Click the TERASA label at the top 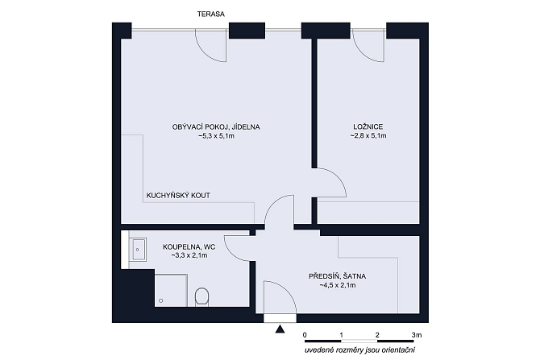(211, 14)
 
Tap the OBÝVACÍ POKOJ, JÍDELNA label (216, 127)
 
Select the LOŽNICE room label (368, 127)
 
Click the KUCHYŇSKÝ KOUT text (178, 196)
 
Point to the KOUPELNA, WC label (189, 246)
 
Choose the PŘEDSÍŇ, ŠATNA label (337, 276)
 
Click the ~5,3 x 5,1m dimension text (216, 136)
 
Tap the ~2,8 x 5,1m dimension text (368, 136)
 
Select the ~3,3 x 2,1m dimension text (189, 256)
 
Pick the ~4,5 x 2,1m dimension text (338, 285)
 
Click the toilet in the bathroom (201, 296)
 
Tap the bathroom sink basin (138, 249)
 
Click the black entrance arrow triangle (280, 329)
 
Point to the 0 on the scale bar (305, 335)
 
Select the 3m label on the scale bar (417, 335)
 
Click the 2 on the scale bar (377, 335)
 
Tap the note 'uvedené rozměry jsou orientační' (359, 350)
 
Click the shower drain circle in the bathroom (161, 300)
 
